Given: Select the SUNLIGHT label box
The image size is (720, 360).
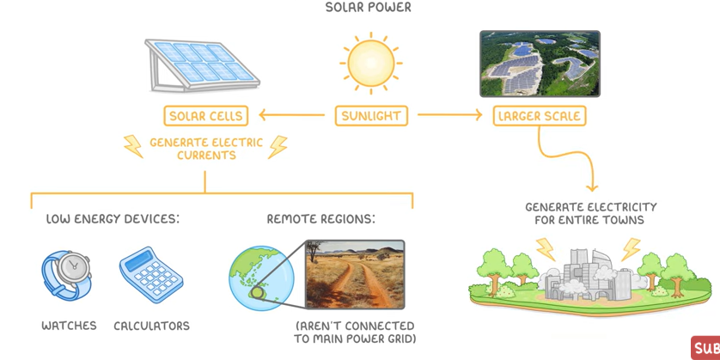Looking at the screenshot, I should coord(371,115).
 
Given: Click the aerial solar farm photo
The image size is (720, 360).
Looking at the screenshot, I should coord(540,63).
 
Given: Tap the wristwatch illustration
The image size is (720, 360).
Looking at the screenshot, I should coord(68,274).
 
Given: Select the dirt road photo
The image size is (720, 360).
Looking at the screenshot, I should coord(355,274).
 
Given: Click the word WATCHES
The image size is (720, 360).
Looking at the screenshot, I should coord(69,326).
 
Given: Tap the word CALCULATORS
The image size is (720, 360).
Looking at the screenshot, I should coord(151,326).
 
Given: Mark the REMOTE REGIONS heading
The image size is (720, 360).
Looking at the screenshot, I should coord(320,219).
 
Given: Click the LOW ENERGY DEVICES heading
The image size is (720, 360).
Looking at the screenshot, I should coord(113,219).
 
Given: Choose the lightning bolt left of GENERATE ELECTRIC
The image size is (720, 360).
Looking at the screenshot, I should coord(133,146).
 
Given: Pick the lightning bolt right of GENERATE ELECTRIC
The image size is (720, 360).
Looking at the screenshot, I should coord(278,146).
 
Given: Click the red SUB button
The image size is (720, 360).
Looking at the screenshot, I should coord(705,348).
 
